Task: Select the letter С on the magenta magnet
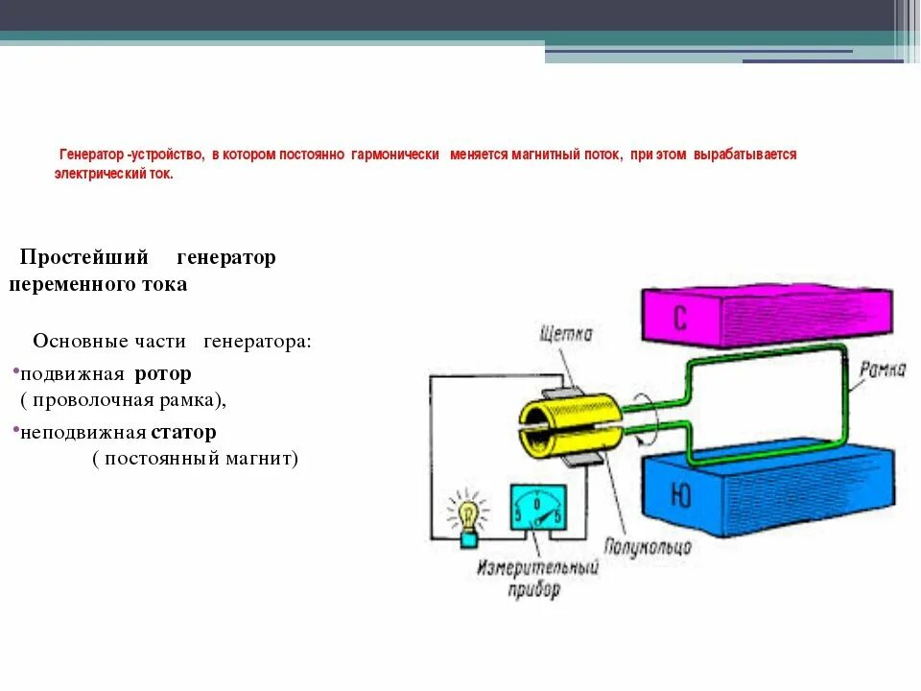(679, 318)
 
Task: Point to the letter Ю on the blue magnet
(679, 495)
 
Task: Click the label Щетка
(566, 334)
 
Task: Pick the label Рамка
(882, 369)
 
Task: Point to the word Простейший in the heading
(84, 257)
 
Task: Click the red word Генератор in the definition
(92, 155)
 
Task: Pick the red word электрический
(98, 176)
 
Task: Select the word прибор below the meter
(533, 588)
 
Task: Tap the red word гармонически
(395, 155)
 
